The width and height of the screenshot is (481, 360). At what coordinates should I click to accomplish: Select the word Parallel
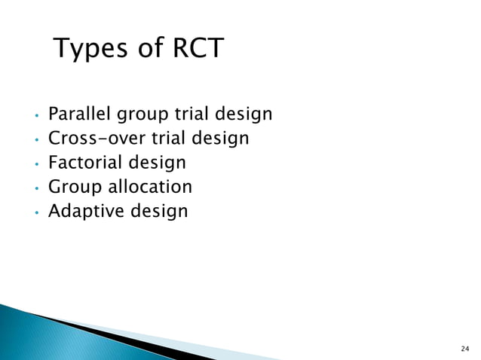pos(78,114)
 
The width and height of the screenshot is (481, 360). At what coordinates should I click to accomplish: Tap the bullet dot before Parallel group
pos(35,117)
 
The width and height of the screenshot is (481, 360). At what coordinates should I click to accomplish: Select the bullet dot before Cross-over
pos(35,141)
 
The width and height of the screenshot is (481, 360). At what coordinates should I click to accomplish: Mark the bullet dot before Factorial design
pos(35,164)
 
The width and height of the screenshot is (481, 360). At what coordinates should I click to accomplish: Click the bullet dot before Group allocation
pos(35,188)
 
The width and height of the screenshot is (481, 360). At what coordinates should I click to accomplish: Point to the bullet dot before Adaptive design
pos(35,212)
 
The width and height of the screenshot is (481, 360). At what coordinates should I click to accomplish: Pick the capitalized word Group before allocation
pos(74,187)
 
